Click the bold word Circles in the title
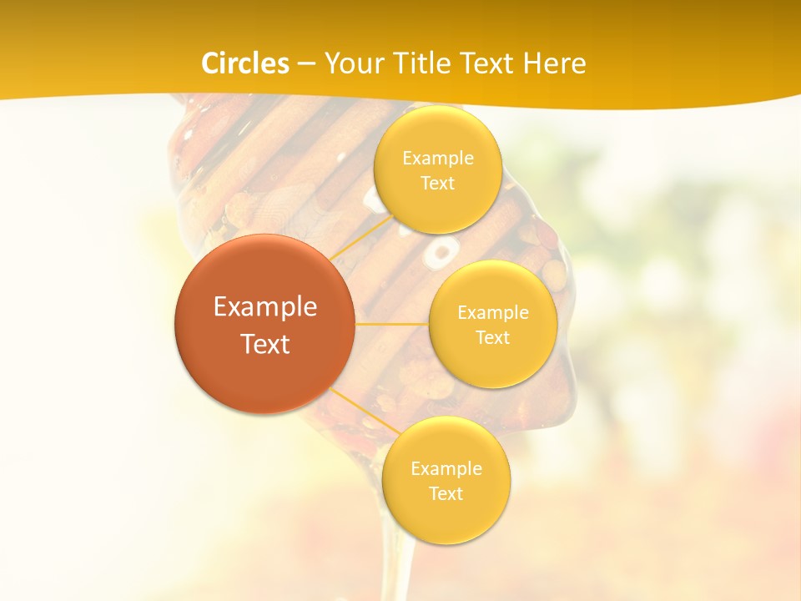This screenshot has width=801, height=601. click(x=246, y=63)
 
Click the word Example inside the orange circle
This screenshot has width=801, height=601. click(x=265, y=307)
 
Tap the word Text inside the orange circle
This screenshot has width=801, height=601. click(x=265, y=344)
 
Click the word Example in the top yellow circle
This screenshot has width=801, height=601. click(x=438, y=158)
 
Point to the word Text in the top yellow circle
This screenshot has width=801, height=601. click(x=437, y=183)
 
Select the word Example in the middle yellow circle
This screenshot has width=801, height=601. click(x=493, y=312)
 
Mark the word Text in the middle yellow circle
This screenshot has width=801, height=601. click(x=493, y=337)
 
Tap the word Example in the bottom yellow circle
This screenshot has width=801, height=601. click(x=446, y=468)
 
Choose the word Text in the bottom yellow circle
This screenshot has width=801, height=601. click(x=446, y=493)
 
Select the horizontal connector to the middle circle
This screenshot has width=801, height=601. click(x=391, y=323)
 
